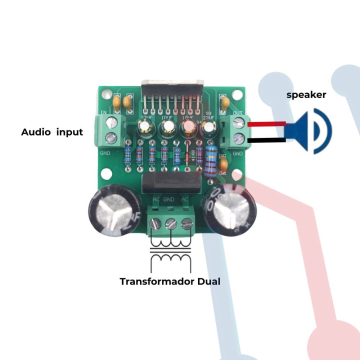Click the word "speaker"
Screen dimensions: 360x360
point(306,94)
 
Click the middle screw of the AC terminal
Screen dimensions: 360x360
point(171,223)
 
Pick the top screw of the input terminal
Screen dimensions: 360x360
point(112,122)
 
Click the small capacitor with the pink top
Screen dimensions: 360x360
point(186,128)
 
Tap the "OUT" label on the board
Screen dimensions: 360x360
point(237,112)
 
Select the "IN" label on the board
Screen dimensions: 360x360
point(104,111)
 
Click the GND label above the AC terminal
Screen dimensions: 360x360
point(169,199)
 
